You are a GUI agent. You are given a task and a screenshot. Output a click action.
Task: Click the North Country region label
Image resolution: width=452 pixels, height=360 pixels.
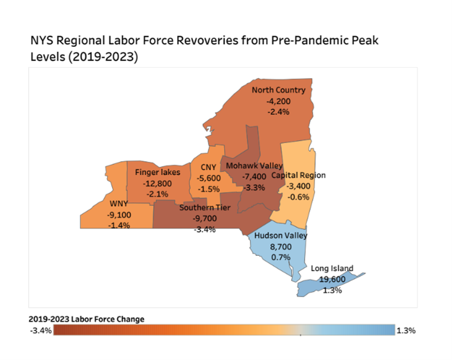click(278, 90)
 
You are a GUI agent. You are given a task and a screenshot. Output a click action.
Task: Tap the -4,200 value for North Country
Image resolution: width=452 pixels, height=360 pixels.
click(278, 101)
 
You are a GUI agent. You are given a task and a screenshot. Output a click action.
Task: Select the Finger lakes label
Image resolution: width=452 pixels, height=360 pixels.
click(158, 172)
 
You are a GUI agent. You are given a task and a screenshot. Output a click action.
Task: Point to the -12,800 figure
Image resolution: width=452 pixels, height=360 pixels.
click(158, 183)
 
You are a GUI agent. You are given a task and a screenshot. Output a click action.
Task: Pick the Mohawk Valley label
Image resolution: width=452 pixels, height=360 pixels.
click(254, 165)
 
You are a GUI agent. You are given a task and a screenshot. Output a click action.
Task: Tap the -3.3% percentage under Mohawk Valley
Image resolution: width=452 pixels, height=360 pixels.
click(254, 187)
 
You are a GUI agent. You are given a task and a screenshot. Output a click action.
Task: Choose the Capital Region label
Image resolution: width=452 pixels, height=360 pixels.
click(298, 175)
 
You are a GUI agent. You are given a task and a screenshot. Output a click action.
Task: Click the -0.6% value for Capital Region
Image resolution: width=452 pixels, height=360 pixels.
click(298, 197)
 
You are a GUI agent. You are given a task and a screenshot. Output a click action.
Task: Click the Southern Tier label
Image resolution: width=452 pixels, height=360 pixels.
click(205, 208)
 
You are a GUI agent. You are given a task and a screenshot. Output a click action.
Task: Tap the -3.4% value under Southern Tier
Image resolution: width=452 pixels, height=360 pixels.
click(205, 230)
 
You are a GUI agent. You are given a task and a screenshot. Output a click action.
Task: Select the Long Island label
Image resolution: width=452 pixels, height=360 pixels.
click(332, 268)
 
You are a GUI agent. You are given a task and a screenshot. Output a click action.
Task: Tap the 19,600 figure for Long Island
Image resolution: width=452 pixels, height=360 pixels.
click(332, 279)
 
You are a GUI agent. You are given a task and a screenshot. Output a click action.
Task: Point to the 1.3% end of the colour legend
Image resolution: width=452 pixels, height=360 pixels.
click(406, 330)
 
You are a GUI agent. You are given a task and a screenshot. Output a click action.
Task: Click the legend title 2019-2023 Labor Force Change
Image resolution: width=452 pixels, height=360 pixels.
click(86, 319)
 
